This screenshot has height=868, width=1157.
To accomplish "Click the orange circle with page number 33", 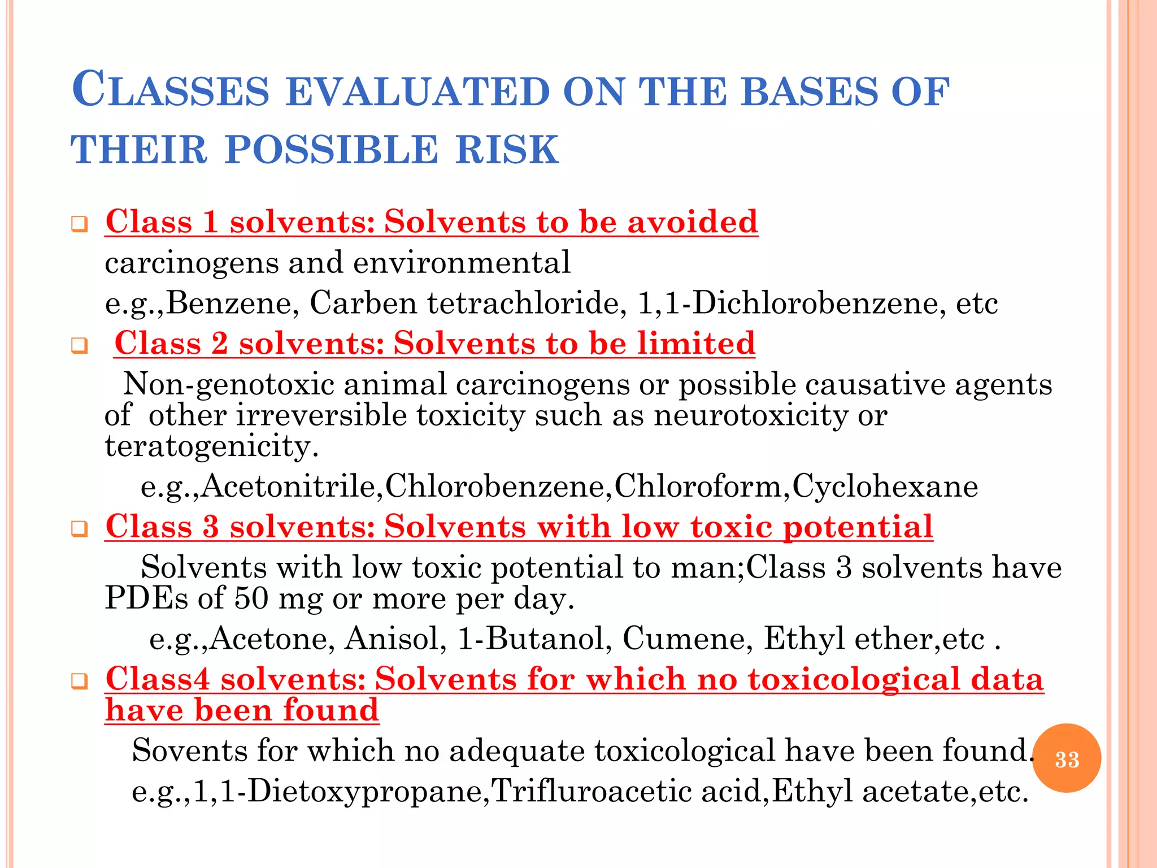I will tap(1066, 758).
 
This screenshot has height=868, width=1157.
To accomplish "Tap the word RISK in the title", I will tap(507, 150).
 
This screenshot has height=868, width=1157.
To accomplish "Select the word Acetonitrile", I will tap(288, 487).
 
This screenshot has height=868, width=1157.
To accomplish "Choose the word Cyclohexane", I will tap(885, 487).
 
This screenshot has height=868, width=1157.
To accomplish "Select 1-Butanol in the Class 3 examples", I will tap(534, 639).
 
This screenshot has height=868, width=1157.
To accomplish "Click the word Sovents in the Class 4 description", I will tap(189, 751).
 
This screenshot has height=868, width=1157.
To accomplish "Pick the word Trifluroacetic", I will tap(591, 791).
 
